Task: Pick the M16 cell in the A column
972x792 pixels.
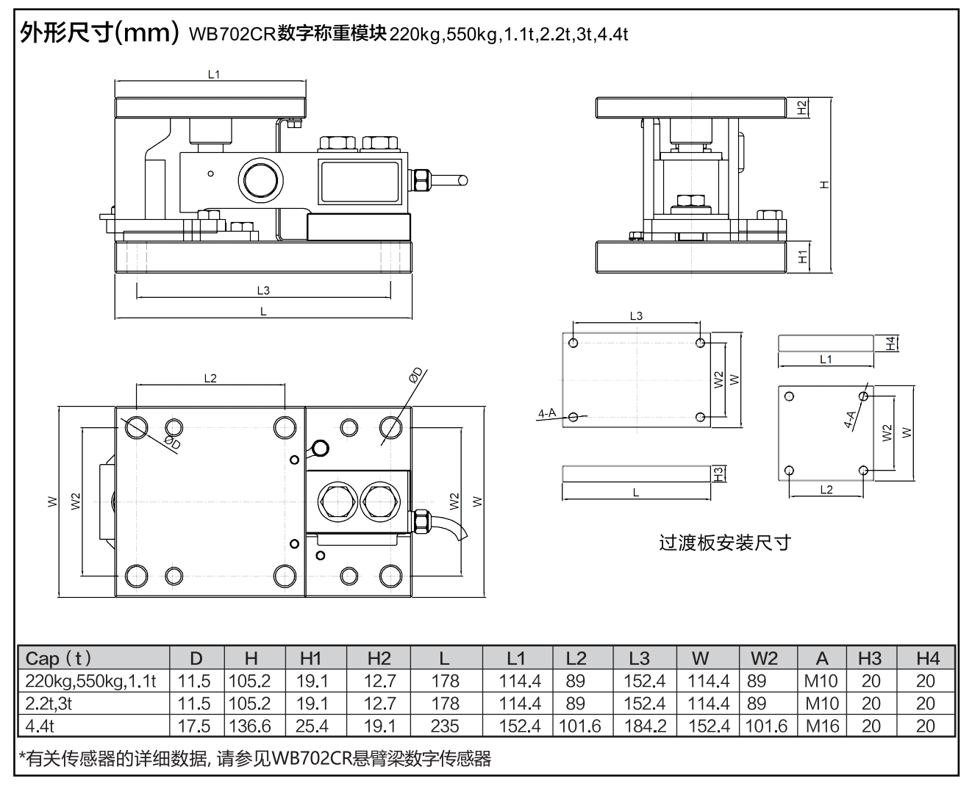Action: tap(822, 726)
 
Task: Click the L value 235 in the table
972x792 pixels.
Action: tap(445, 726)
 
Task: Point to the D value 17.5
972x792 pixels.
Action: tap(195, 726)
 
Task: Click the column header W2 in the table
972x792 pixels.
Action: tap(764, 658)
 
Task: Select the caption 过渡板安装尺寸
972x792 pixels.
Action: tap(724, 543)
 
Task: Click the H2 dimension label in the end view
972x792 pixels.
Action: tap(803, 107)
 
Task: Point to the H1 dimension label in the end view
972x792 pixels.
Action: tap(803, 257)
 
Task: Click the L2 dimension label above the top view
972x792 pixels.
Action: tap(210, 378)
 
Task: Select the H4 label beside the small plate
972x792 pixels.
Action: tap(890, 343)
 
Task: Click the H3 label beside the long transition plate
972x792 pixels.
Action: tap(719, 474)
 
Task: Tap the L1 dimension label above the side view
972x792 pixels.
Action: tap(214, 74)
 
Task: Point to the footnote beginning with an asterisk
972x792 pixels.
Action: tap(255, 758)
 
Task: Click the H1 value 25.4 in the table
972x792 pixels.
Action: tap(312, 726)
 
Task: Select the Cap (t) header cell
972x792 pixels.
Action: tap(59, 658)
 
